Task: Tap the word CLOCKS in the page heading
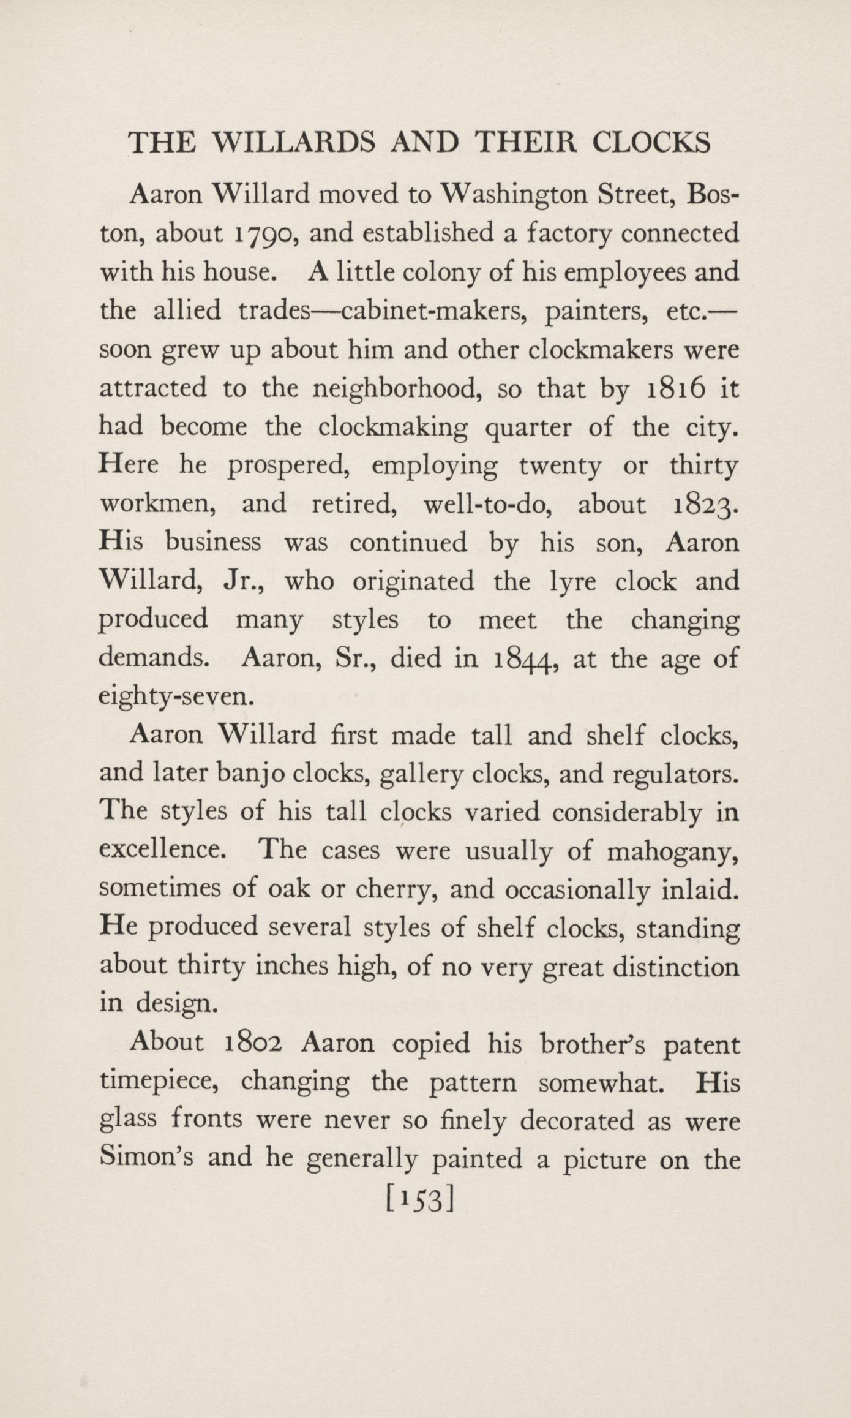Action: point(651,143)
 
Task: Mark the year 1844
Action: point(524,660)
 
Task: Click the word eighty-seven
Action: point(176,698)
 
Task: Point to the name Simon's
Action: point(143,1158)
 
